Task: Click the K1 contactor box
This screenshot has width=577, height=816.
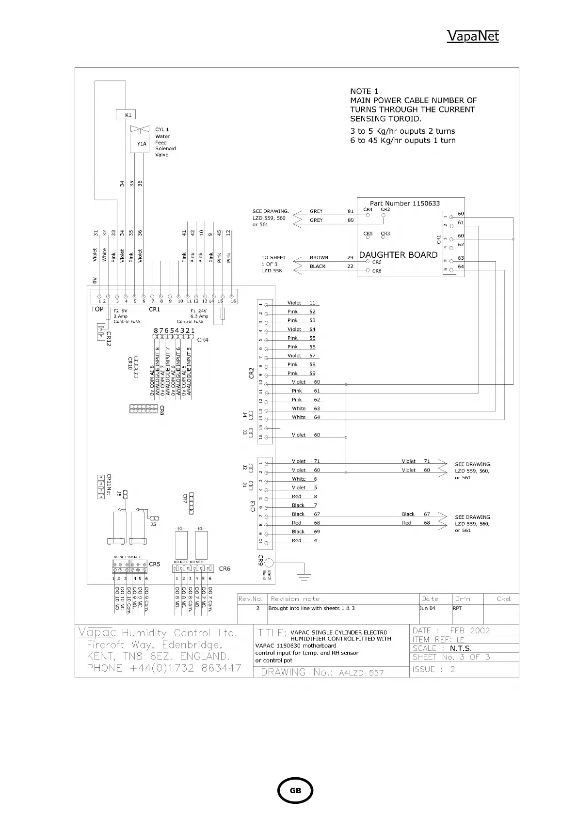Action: [x=126, y=115]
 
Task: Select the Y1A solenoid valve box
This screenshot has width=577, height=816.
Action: [x=140, y=144]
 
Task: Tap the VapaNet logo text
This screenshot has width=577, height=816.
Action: [x=472, y=36]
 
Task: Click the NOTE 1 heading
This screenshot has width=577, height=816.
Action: [x=364, y=91]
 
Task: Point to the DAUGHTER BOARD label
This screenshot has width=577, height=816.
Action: [x=398, y=255]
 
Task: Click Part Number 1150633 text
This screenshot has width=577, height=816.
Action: [x=404, y=204]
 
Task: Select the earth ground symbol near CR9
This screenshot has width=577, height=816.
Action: [x=304, y=575]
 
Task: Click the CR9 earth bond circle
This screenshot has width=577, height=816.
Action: [x=269, y=563]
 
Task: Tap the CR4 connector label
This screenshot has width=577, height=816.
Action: [x=203, y=340]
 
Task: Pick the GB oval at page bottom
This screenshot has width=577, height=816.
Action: [x=295, y=790]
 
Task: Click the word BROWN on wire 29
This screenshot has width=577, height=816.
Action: [x=319, y=258]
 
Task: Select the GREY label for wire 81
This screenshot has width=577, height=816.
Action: [x=316, y=211]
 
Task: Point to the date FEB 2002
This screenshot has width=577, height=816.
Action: [x=469, y=630]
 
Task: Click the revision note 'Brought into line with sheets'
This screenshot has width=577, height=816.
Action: [x=311, y=608]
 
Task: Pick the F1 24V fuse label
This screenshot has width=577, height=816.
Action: [x=199, y=311]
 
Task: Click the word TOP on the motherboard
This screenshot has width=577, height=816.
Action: [x=97, y=309]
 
